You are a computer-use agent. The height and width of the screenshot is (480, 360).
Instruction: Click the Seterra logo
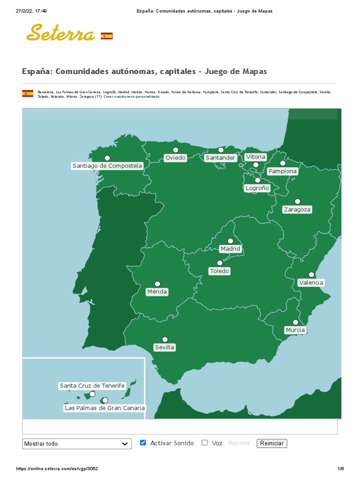tap(60, 33)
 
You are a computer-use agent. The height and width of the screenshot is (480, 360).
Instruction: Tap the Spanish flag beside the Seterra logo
tap(107, 36)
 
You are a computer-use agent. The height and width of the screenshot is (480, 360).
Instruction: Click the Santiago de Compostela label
tap(107, 166)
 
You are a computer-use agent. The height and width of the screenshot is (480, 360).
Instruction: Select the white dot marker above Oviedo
tap(175, 150)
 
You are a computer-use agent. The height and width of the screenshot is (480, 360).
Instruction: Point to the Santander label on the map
tap(220, 158)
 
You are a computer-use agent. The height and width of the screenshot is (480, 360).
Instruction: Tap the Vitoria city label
tap(255, 157)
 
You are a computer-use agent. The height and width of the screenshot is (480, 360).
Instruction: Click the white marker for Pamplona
tap(283, 164)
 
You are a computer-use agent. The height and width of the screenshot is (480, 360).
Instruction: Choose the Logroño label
tap(257, 188)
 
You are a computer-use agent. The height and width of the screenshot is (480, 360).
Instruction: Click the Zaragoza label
tap(297, 210)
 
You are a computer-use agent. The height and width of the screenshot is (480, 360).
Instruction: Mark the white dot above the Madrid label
tap(230, 241)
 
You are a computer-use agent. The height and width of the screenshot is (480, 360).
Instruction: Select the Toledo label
tap(219, 271)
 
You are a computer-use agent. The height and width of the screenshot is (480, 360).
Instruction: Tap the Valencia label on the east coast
tap(311, 283)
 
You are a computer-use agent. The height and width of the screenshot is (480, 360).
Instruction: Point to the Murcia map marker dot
tap(295, 322)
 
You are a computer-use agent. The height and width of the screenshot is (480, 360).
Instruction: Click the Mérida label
tap(157, 292)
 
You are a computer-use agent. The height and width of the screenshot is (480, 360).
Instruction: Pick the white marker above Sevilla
tap(165, 339)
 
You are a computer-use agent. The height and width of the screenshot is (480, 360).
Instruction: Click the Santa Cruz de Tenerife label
tap(92, 386)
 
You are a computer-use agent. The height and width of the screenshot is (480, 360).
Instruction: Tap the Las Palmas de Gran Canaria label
tap(105, 408)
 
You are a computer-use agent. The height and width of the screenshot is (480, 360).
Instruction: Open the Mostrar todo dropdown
tap(77, 443)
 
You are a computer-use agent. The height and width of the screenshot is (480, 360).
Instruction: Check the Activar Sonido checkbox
tap(143, 442)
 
